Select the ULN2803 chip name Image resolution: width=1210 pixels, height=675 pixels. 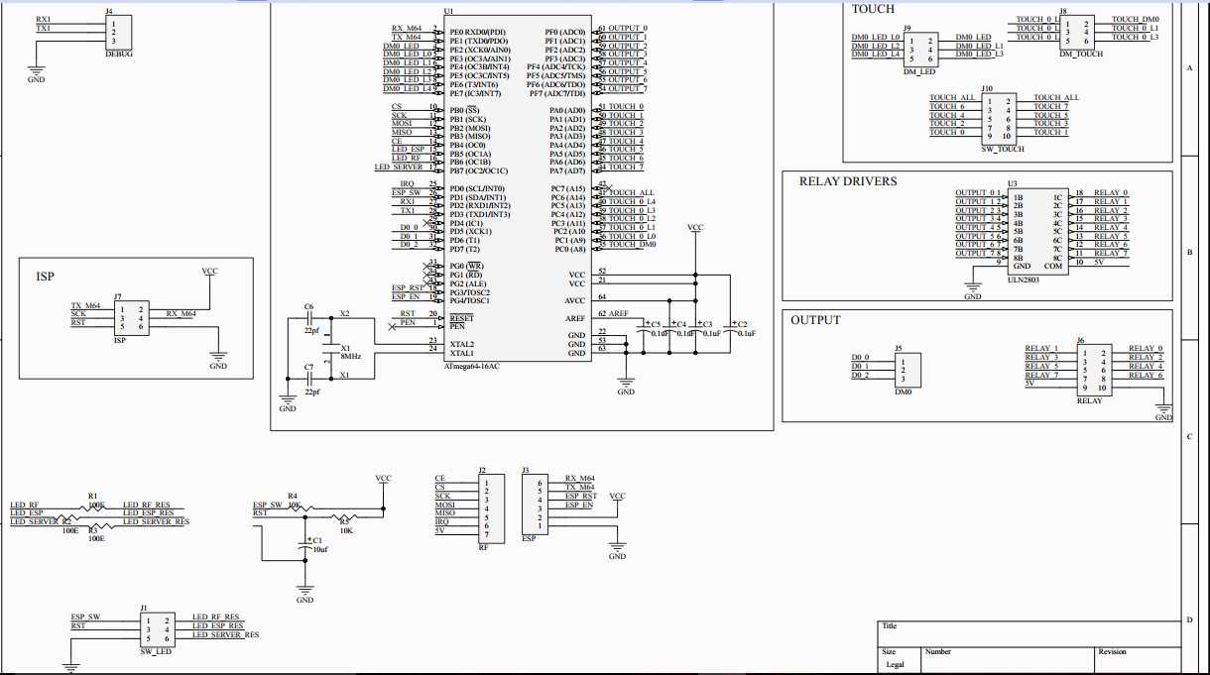[x=1024, y=281]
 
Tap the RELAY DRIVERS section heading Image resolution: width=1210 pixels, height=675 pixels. [x=847, y=181]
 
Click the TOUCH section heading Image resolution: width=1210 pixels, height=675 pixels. [x=873, y=9]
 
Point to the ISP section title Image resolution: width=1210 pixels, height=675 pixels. [x=45, y=277]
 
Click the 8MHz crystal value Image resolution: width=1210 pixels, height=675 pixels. [x=350, y=356]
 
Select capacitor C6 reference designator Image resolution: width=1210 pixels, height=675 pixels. [x=309, y=307]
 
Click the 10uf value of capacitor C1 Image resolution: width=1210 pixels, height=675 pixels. [x=319, y=549]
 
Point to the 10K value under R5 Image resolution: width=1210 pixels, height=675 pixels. [x=346, y=530]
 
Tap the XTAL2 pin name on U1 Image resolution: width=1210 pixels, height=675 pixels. [x=461, y=343]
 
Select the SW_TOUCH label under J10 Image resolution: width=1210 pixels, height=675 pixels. [x=1002, y=148]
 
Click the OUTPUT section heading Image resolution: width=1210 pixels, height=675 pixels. [x=815, y=320]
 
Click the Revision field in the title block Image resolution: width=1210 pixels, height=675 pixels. [x=1112, y=652]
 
